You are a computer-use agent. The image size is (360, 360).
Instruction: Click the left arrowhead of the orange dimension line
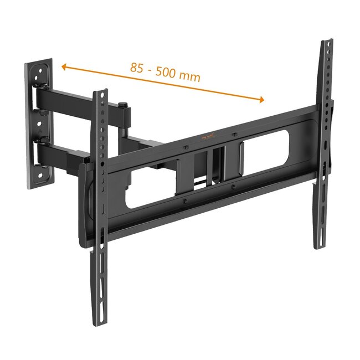coord(64,67)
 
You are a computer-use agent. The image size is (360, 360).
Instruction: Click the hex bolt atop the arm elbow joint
coord(123,104)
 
